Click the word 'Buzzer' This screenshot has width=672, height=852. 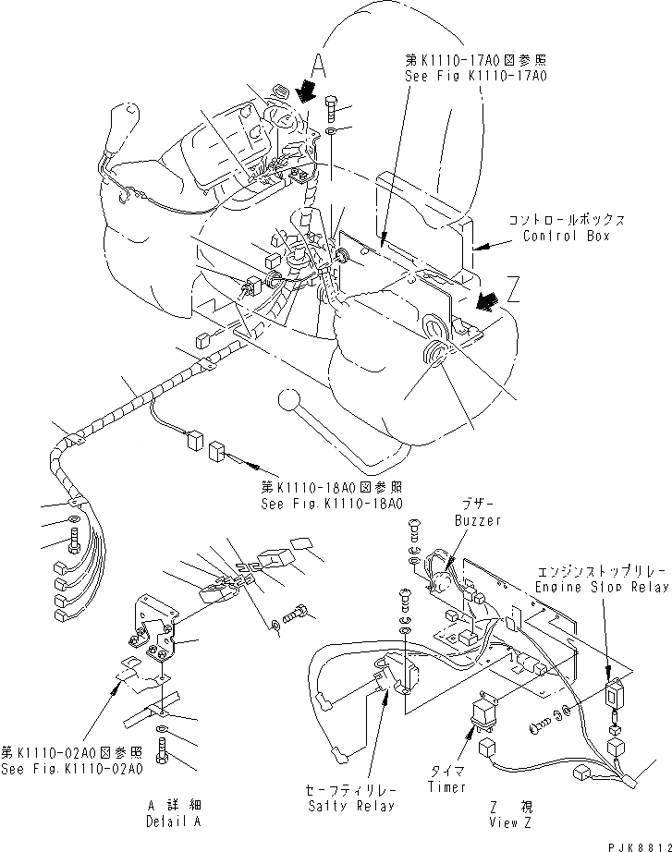click(x=477, y=521)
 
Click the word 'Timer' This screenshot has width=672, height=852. click(x=447, y=787)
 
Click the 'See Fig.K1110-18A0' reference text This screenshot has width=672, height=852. click(x=333, y=504)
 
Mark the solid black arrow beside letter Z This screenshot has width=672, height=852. click(x=483, y=300)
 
